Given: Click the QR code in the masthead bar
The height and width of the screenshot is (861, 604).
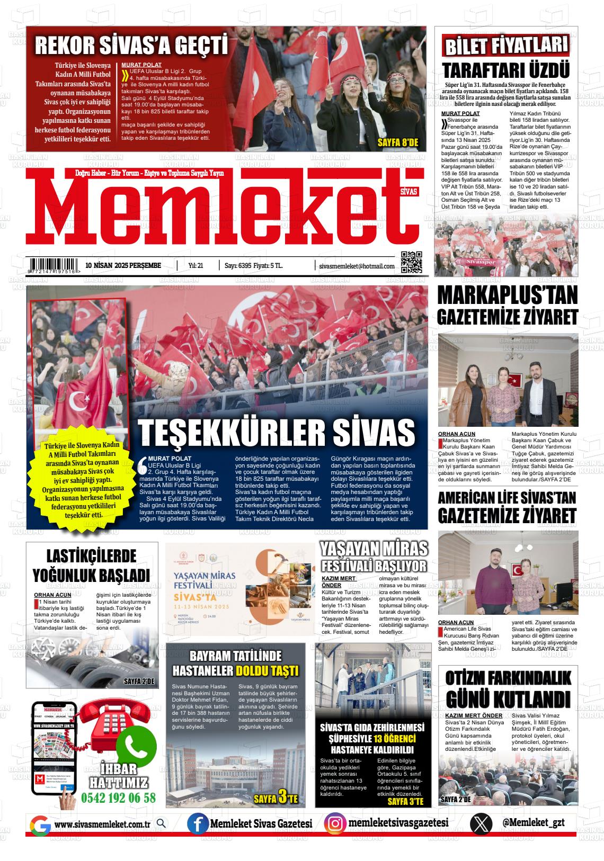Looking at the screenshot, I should click(x=412, y=262).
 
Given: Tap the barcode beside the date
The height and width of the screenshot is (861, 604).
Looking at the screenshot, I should click(x=55, y=265).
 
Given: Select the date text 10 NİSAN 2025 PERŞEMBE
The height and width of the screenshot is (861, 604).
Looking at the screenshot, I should click(x=123, y=265).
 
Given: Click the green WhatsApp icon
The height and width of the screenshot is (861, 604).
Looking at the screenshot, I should click(x=137, y=746).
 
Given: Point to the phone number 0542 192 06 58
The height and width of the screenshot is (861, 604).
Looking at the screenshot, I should click(x=119, y=798).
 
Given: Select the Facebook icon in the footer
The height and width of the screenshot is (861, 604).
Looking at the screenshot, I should click(x=198, y=824).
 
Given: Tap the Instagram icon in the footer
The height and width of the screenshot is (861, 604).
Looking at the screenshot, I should click(x=335, y=823).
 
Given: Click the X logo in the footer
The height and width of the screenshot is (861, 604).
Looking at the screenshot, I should click(x=481, y=824).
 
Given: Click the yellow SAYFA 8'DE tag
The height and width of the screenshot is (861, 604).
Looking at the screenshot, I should click(x=398, y=142).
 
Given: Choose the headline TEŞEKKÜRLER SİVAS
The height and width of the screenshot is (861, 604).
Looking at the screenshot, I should click(x=276, y=433).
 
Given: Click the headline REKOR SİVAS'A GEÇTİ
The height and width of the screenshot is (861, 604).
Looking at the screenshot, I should click(x=131, y=46).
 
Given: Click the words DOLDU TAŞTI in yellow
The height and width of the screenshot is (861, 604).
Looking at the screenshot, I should click(x=267, y=671).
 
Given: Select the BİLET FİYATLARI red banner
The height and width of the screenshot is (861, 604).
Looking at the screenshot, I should click(x=506, y=47).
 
